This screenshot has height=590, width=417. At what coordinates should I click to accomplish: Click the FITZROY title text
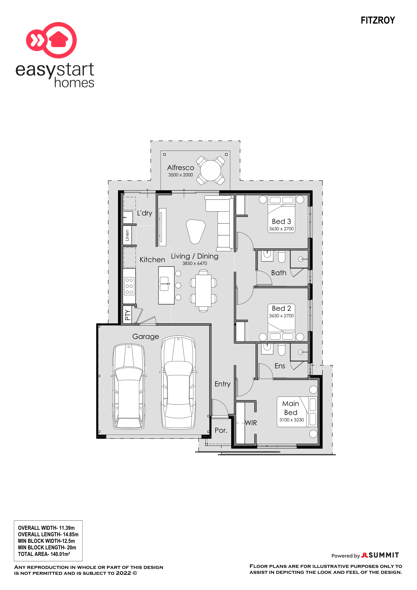pos(377,20)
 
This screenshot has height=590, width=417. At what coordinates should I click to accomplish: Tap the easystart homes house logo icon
pos(52,40)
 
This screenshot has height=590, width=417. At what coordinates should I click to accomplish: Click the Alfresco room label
pos(181,168)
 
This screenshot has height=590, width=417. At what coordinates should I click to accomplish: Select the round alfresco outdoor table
pos(210,170)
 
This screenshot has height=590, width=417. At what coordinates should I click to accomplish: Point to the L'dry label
pos(144,213)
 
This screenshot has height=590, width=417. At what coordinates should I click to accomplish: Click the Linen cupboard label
pos(127,235)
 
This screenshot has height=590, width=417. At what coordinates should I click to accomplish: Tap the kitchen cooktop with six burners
pos(129,286)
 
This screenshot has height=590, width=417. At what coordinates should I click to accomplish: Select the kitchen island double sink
pos(164,284)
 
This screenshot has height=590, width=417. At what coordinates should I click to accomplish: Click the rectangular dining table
pos(203,291)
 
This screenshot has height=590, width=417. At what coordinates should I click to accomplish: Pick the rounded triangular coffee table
pos(195,231)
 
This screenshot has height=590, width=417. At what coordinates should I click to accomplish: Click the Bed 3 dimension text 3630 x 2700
pos(281,229)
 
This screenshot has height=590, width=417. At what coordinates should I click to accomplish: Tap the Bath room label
pos(279,273)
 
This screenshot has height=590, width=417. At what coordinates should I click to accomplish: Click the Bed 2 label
pos(281,308)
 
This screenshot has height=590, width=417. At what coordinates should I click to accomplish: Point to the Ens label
pos(280,366)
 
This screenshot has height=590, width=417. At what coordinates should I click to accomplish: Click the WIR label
pos(251,423)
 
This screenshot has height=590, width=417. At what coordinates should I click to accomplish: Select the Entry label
pos(222,384)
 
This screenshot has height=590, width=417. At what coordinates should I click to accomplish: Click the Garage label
pos(145,337)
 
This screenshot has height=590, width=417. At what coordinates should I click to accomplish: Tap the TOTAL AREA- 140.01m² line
pos(44,554)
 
